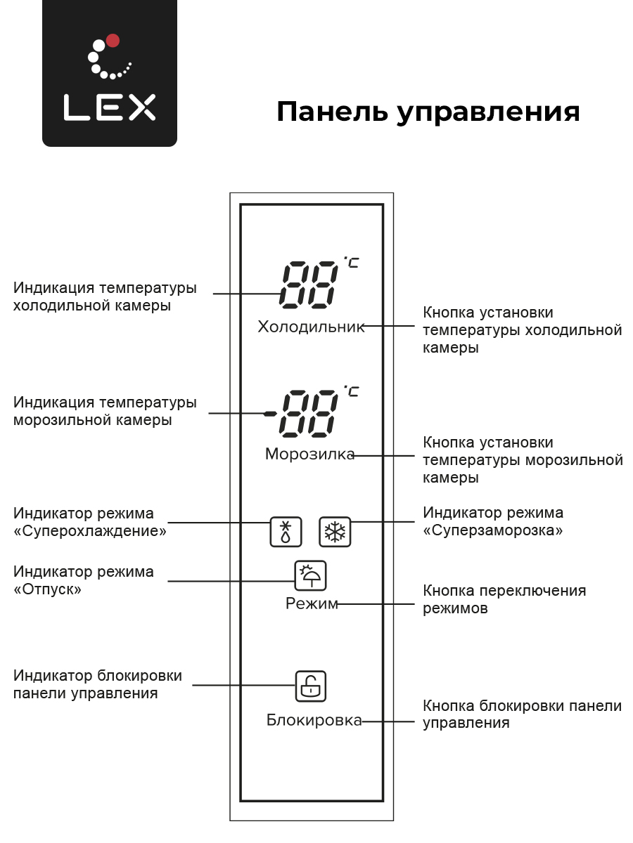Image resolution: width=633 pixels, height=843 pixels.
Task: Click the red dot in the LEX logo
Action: coord(113,40)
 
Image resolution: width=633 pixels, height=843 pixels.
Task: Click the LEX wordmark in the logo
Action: coord(110,107)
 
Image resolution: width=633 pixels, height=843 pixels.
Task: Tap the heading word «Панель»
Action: coord(332,112)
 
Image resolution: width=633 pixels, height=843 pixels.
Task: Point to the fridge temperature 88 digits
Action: coord(308,285)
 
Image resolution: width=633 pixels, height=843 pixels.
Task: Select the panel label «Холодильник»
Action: coord(311,327)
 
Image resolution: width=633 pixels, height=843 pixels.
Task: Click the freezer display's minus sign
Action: coord(270,414)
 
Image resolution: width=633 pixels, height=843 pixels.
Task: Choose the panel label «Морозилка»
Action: coord(309,454)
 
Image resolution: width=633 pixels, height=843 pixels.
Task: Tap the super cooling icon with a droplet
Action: coord(286,532)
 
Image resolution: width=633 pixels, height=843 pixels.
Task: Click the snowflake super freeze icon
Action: coord(335,532)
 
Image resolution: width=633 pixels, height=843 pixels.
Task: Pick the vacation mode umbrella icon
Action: coord(310,575)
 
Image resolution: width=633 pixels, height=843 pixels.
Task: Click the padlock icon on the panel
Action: coord(311,686)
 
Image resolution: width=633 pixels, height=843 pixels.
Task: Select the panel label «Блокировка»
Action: coord(314,720)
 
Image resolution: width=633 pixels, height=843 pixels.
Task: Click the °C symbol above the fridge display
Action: coord(351,262)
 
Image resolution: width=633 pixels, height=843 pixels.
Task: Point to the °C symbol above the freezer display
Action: coord(351,391)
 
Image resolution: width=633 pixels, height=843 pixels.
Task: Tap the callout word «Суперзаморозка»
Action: coord(493,530)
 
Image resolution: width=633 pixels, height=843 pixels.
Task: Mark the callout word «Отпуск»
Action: coord(47,589)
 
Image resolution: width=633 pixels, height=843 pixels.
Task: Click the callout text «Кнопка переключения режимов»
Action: coord(504,599)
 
